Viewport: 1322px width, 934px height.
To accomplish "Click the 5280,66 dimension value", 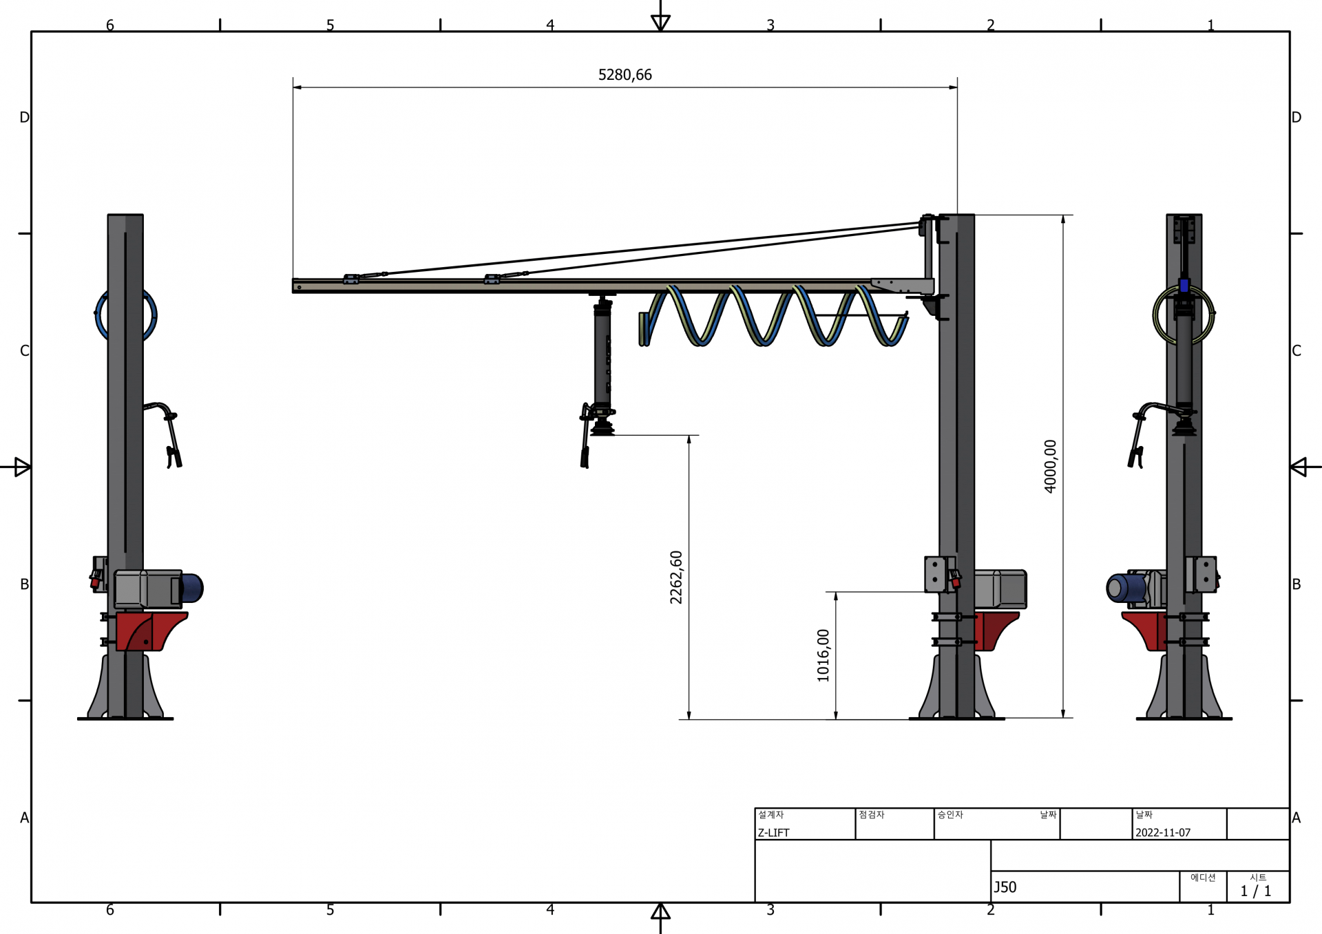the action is point(625,75).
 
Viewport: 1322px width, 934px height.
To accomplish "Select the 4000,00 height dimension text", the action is point(1050,467).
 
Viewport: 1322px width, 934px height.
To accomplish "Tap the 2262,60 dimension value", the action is point(676,577).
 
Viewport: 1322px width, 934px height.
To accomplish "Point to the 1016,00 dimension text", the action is point(823,655).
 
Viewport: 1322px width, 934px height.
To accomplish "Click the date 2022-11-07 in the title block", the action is point(1163,832).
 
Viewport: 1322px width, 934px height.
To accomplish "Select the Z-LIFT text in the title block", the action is point(774,832).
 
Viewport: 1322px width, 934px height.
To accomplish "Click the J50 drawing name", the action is point(1005,887).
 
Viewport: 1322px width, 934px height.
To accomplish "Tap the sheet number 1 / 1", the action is point(1256,891).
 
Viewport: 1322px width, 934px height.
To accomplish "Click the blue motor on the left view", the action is point(191,588).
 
